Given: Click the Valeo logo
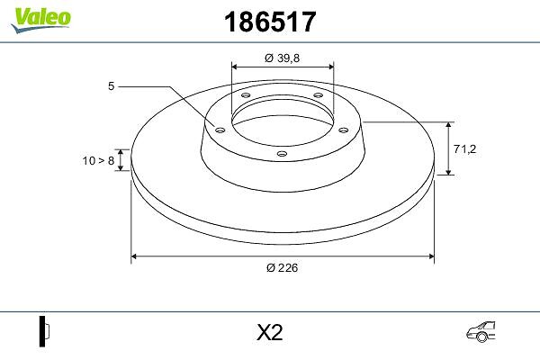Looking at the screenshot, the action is click(40, 20).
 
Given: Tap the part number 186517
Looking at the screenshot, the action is click(270, 22).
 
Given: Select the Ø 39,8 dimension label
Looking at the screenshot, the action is click(282, 58).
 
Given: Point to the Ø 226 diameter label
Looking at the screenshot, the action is click(282, 267).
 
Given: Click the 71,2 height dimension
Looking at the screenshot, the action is click(464, 148).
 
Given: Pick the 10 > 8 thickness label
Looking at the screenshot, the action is click(98, 160).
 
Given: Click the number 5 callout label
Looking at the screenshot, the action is click(111, 86).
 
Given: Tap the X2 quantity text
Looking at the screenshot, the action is click(270, 332).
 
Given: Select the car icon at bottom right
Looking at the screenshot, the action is click(481, 332).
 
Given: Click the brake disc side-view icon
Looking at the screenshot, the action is click(44, 331).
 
